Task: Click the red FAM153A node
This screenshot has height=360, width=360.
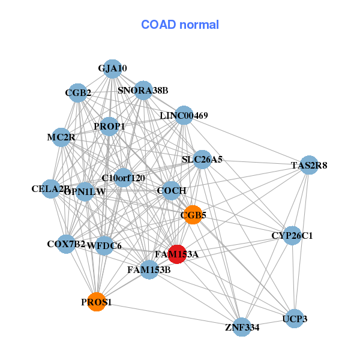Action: [176, 254]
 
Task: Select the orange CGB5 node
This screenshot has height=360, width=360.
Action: [193, 215]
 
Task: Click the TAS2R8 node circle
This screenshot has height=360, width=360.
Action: [308, 165]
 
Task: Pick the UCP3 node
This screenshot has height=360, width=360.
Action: [295, 319]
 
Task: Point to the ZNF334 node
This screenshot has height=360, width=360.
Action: [242, 327]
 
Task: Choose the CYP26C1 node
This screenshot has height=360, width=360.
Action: [292, 235]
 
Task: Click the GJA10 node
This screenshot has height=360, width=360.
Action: [112, 68]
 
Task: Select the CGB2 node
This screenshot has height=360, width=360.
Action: [78, 92]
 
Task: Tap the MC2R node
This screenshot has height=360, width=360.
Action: [61, 137]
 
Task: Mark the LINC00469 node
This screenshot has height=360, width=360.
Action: [184, 115]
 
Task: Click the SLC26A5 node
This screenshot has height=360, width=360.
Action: [202, 160]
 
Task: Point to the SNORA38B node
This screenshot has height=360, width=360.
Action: [143, 91]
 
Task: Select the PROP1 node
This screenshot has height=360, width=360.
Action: [109, 127]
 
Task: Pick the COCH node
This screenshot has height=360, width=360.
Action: [172, 191]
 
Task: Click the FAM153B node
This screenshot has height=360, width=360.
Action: [149, 270]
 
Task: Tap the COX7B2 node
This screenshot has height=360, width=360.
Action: [66, 244]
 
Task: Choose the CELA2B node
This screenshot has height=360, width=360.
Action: [51, 189]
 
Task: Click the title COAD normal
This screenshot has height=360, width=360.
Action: [180, 25]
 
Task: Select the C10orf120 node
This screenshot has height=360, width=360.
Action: [124, 178]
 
